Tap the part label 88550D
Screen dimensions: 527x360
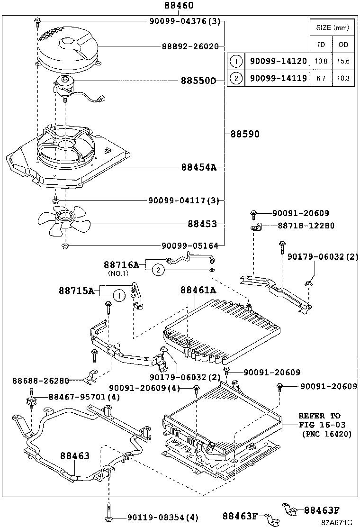pyautogui.click(x=198, y=81)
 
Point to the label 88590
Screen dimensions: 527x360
pyautogui.click(x=245, y=134)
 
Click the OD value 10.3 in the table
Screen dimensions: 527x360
pyautogui.click(x=343, y=78)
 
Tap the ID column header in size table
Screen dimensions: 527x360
pyautogui.click(x=321, y=45)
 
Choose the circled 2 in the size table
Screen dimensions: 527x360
pyautogui.click(x=235, y=78)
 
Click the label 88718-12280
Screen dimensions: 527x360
pyautogui.click(x=306, y=226)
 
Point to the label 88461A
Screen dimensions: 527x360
pyautogui.click(x=198, y=290)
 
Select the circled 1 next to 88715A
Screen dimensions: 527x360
pyautogui.click(x=119, y=296)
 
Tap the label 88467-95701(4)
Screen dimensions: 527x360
pyautogui.click(x=83, y=397)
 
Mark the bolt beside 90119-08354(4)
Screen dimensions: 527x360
pyautogui.click(x=109, y=513)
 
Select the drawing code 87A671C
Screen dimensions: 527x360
pyautogui.click(x=336, y=522)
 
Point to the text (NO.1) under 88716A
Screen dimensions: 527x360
pyautogui.click(x=118, y=273)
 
